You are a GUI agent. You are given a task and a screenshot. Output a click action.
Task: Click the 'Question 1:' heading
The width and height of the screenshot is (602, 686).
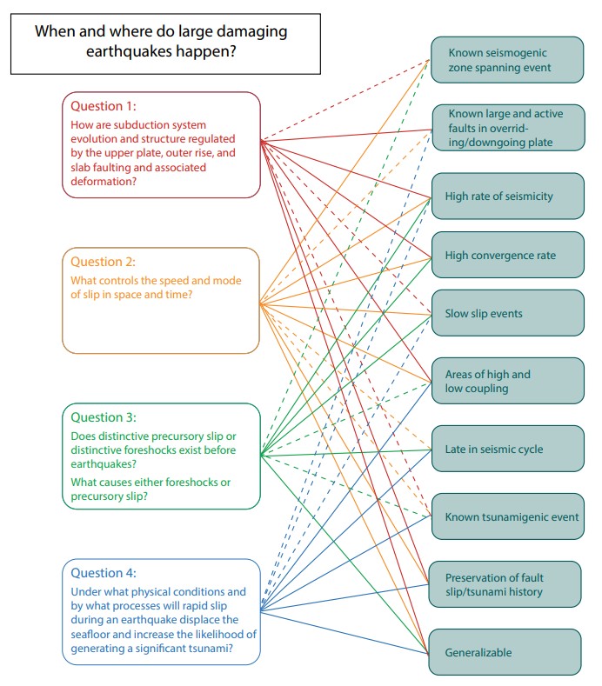(x=104, y=106)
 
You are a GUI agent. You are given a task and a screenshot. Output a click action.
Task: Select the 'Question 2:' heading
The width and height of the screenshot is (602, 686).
(x=104, y=262)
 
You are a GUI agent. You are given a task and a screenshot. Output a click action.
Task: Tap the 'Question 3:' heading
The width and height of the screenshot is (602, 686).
(x=104, y=417)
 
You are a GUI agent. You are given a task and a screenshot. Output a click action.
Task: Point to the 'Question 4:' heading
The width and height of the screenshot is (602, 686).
(x=104, y=573)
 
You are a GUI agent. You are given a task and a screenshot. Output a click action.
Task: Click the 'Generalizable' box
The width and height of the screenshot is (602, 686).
(x=505, y=652)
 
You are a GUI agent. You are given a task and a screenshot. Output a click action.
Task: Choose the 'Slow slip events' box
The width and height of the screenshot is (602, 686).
(x=505, y=313)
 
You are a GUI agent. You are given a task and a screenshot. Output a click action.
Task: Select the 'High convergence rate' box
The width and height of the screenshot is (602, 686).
(x=505, y=256)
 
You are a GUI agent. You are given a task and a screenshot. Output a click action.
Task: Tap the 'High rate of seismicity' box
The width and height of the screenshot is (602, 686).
(x=505, y=196)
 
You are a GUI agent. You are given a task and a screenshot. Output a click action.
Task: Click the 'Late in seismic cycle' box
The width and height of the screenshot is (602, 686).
(x=505, y=450)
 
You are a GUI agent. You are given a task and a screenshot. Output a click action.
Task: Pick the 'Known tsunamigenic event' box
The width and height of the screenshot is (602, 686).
(x=505, y=517)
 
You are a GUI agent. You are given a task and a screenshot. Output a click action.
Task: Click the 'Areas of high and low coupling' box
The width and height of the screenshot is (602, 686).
(x=505, y=382)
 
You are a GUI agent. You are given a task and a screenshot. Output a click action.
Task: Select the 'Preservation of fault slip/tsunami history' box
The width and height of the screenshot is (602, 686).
(x=505, y=584)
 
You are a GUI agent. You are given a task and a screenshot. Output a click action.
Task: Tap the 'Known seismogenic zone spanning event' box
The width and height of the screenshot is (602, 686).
(x=505, y=59)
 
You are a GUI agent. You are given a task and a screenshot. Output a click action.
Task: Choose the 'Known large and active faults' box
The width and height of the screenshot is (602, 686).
(x=505, y=128)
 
